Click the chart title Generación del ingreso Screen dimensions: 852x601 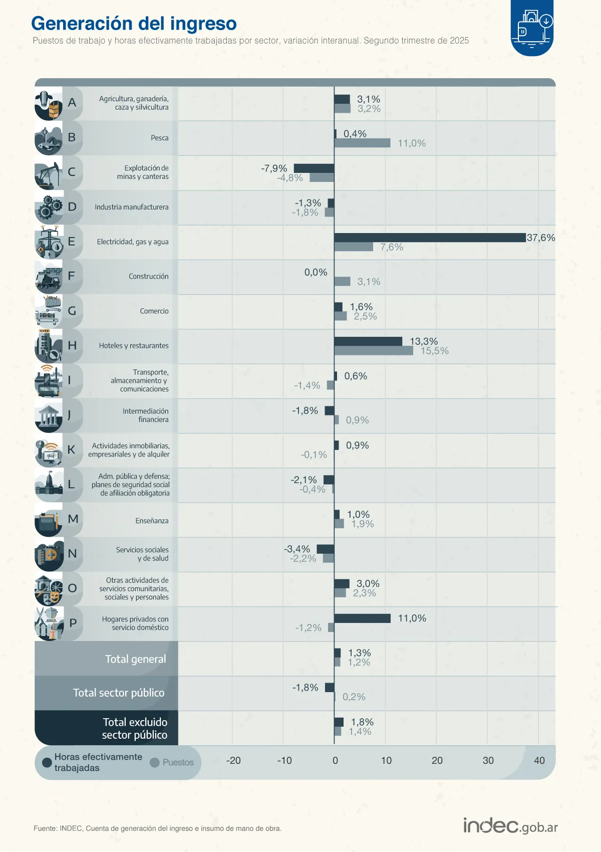134,24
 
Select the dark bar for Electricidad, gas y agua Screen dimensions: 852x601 430,238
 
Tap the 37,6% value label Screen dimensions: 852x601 541,238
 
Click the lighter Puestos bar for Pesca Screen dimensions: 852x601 362,143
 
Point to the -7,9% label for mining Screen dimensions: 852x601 274,168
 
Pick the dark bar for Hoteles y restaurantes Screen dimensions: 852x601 368,341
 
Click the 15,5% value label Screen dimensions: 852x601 435,351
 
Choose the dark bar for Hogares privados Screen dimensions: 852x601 362,618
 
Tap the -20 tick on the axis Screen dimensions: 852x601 233,760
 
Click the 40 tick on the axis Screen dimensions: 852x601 539,760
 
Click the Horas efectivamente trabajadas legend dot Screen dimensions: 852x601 48,762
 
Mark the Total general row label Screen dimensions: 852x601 135,659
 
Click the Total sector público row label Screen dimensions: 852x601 119,693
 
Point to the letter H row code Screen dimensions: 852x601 72,345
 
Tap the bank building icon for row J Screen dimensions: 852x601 49,416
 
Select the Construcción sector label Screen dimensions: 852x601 148,276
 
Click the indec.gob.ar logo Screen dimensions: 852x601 510,826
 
